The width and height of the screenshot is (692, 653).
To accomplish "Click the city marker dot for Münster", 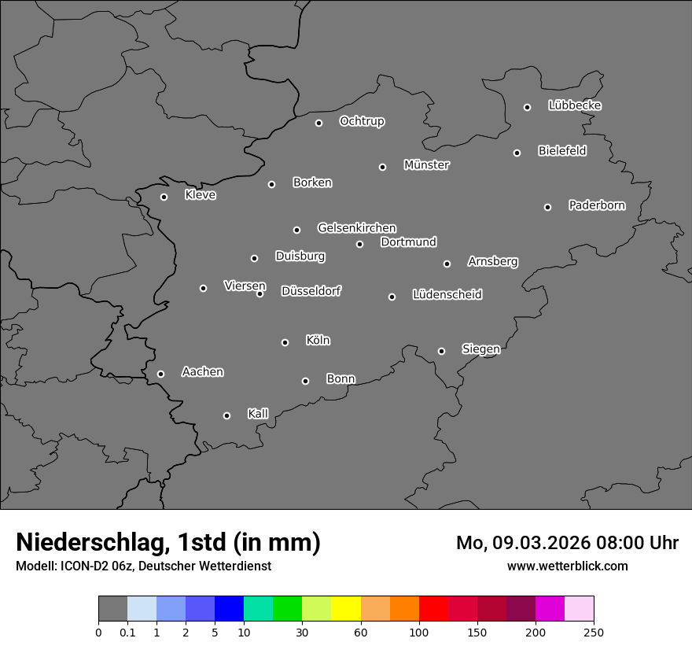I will click(382, 167).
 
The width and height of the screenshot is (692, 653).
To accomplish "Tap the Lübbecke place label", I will click(575, 105).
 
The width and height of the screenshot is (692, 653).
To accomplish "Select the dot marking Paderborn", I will click(547, 207).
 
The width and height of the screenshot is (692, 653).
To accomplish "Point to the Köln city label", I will click(318, 341).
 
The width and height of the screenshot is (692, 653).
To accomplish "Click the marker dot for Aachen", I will click(160, 374).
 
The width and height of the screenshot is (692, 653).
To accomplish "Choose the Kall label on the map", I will click(258, 414).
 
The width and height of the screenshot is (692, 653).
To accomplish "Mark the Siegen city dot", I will click(441, 351).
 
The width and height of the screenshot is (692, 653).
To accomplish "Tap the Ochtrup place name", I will click(362, 121).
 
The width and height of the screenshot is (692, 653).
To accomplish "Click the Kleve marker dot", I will click(164, 197).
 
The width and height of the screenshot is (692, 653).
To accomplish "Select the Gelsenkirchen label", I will click(356, 228).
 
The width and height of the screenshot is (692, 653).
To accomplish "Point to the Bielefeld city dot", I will click(517, 153).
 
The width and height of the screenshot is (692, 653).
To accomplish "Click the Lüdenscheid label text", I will click(447, 295).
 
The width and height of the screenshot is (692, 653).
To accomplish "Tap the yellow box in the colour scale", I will click(346, 609).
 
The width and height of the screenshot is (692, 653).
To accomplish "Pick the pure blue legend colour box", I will click(229, 609).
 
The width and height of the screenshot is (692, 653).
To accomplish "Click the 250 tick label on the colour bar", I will click(593, 633).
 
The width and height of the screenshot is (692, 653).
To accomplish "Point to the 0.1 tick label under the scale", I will click(127, 633).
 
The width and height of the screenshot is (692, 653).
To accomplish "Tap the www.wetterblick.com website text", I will click(567, 566).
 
